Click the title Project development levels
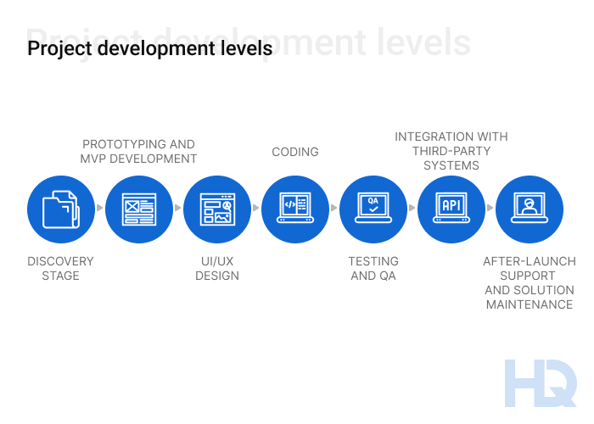point(150,48)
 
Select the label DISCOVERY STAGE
point(60,268)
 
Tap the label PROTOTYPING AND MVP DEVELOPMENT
point(138,151)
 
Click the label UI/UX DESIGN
point(217,268)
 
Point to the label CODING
point(295,152)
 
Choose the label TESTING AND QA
point(373,268)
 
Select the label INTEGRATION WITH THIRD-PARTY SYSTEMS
point(451,151)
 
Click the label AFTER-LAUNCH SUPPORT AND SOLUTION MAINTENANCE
point(530,282)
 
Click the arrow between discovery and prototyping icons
point(100,208)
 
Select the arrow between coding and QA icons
point(334,208)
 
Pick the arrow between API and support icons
point(490,208)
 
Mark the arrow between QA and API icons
point(412,208)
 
